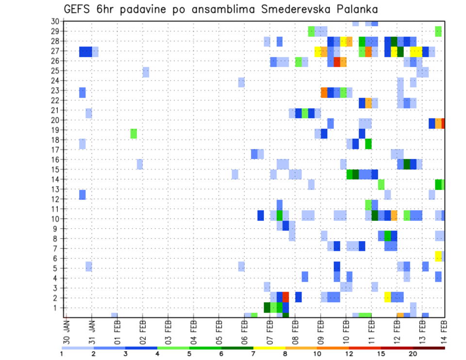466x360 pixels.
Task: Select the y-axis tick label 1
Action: pyautogui.click(x=56, y=308)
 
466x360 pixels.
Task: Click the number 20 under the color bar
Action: pyautogui.click(x=413, y=354)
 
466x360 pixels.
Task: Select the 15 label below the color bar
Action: pyautogui.click(x=382, y=354)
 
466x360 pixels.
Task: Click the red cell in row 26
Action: pyautogui.click(x=337, y=62)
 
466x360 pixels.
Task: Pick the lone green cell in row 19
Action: pyautogui.click(x=133, y=133)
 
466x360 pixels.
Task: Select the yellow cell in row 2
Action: pyautogui.click(x=387, y=297)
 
